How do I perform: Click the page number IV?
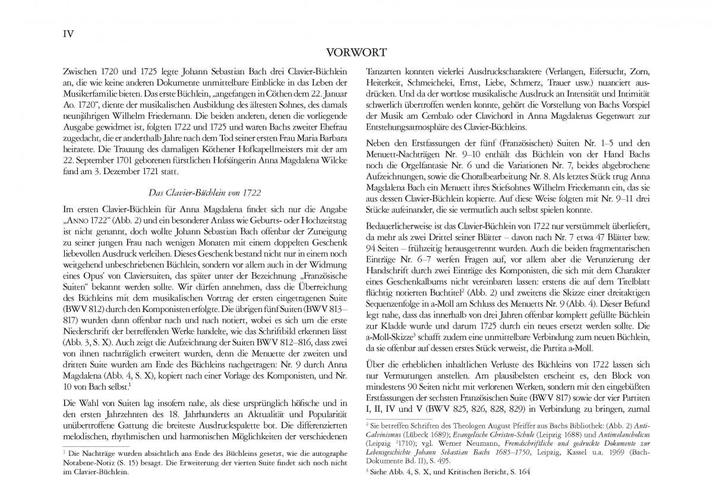68,34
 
